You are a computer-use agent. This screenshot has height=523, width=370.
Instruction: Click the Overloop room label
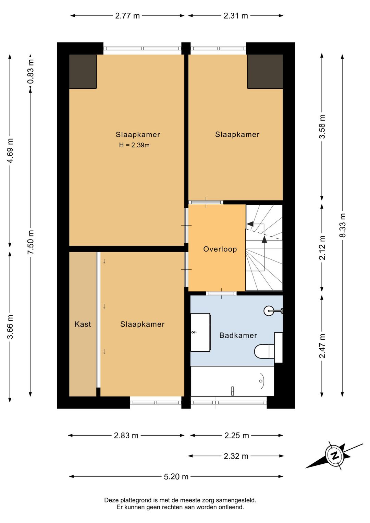tap(220, 249)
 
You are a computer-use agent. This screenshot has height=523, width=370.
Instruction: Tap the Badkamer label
tap(238, 336)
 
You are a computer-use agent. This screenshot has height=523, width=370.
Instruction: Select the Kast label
tap(83, 324)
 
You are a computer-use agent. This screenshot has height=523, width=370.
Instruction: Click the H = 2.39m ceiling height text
tap(134, 145)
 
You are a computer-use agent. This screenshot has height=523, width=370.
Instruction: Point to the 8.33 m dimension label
tap(343, 225)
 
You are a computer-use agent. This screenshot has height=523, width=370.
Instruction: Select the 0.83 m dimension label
tap(30, 71)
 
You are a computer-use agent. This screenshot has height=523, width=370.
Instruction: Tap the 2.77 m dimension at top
tap(127, 16)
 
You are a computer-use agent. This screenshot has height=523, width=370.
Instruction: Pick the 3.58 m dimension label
tap(322, 126)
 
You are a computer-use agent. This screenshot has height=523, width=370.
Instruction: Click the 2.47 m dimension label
tap(322, 346)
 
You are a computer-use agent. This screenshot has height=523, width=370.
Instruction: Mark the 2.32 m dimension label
tap(236, 456)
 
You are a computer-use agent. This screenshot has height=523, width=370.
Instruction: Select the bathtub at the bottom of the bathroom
tap(232, 381)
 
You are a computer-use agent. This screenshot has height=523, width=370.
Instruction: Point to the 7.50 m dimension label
tap(30, 242)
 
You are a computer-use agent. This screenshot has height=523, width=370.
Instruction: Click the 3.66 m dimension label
tap(10, 327)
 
